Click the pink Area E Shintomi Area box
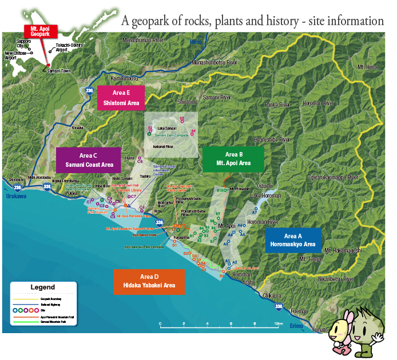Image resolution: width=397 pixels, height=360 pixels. point(121,98)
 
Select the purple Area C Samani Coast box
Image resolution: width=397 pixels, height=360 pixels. point(88,159)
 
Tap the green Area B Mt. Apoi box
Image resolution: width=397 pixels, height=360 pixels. point(233,159)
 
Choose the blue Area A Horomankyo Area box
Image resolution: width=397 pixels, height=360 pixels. point(292,240)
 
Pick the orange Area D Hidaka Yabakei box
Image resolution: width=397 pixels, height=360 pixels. point(149,281)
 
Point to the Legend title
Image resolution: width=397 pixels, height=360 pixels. point(42,287)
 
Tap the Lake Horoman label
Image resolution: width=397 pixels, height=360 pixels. point(265,195)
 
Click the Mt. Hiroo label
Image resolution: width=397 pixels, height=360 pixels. point(367,67)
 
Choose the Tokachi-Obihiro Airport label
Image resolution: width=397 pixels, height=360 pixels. point(69,47)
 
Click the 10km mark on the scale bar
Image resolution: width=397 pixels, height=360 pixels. point(278,323)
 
